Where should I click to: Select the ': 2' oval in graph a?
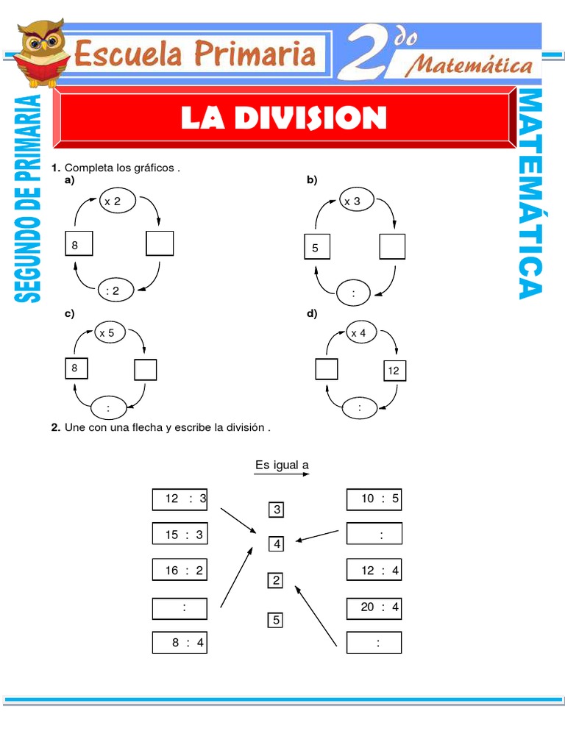coord(113,291)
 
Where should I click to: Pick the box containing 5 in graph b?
coord(316,248)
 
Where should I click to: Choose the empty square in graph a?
coord(160,243)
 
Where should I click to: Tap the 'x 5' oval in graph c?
coord(107,333)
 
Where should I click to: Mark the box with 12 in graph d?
coord(394,371)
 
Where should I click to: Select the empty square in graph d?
coord(326,369)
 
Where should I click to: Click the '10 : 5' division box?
coord(374,499)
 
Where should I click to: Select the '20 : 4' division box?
coord(374,608)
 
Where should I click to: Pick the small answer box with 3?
coord(277,510)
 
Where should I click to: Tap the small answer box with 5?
coord(276,620)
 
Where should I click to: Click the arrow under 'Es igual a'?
coord(282,475)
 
